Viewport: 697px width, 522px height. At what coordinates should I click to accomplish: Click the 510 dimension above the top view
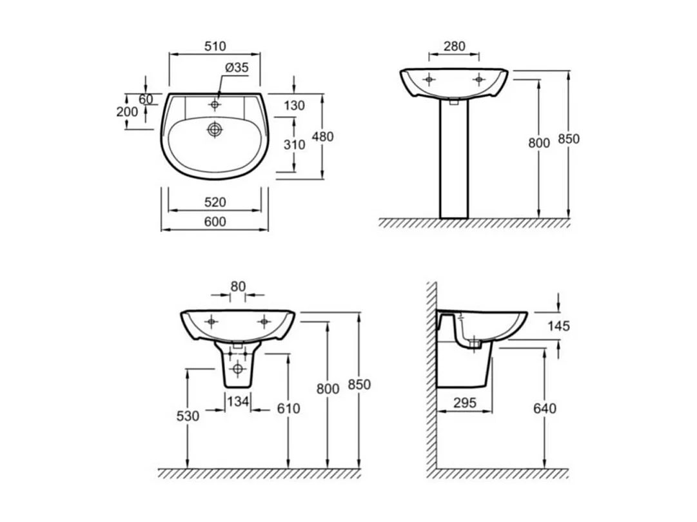point(215,46)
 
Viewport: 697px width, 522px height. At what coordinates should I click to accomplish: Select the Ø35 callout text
point(237,67)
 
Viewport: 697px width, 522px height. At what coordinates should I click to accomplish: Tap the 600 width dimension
point(215,222)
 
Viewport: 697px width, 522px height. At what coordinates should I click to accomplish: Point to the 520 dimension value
point(215,202)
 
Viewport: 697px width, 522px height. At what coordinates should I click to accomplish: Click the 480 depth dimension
point(322,137)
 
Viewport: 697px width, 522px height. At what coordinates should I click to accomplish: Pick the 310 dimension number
point(294,145)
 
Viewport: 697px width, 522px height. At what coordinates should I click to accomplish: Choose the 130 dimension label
point(294,106)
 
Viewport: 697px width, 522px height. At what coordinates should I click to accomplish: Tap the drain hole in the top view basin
point(215,130)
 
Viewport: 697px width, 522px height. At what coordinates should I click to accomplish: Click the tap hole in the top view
point(215,104)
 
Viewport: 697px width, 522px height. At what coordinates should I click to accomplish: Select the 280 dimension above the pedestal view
point(454,46)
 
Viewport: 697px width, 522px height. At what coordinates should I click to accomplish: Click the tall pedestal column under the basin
point(454,161)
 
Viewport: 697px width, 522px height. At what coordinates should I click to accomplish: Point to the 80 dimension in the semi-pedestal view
point(238,287)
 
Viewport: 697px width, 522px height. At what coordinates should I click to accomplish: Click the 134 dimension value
point(238,402)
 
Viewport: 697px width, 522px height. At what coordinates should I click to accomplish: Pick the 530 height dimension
point(188,416)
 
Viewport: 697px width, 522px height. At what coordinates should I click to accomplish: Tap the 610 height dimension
point(289,409)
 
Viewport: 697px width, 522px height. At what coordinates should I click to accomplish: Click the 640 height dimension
point(545,409)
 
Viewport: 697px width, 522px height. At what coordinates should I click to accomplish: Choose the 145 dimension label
point(558,326)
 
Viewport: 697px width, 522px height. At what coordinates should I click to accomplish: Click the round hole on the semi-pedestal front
point(237,369)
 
